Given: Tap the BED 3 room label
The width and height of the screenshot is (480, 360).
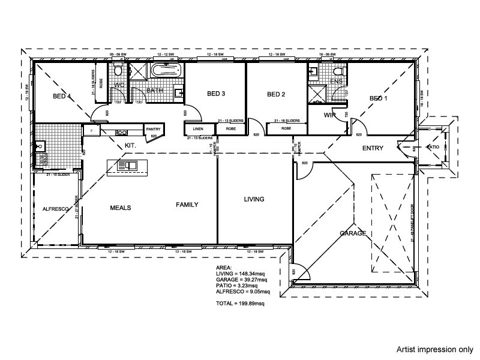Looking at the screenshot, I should pos(216,94).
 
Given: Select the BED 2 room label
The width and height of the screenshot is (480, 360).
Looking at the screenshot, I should pos(275,94).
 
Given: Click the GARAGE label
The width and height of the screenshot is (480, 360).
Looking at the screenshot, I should pos(353,233).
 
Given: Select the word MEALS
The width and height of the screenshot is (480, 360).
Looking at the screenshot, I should pos(121,208).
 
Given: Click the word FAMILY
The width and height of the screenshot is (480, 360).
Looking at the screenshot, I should pos(187,205).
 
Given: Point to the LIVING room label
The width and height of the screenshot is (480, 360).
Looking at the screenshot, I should pos(254,199).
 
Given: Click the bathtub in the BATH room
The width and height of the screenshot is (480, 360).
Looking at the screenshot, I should pos(166,71).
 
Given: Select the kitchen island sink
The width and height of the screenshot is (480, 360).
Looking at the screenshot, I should pos(128,165).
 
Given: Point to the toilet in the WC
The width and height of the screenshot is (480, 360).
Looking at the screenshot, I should pos(119,72).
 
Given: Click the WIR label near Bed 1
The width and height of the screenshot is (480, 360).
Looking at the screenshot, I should pos(329,114).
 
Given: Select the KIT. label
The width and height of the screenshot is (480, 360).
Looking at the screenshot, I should pos(131,145).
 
